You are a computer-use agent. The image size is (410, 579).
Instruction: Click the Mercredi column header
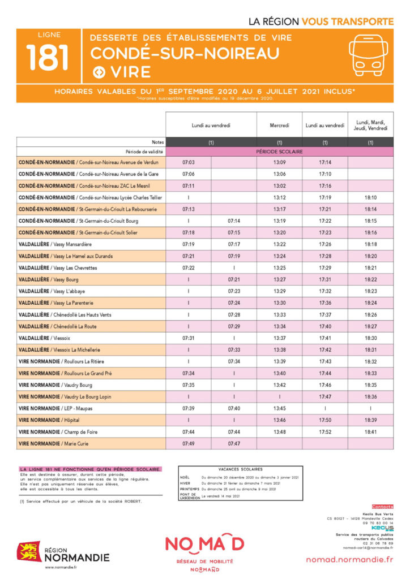click(x=279, y=125)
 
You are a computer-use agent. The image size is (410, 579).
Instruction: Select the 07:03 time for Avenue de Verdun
click(x=188, y=162)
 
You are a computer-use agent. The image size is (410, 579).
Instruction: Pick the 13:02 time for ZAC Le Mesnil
click(x=279, y=185)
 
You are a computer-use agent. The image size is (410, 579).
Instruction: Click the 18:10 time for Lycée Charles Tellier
click(x=370, y=197)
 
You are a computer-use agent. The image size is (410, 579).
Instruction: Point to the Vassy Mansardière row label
click(x=55, y=244)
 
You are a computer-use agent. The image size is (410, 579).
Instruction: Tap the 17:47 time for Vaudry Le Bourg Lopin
click(x=325, y=396)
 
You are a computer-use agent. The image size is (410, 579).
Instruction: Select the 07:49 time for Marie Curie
click(x=188, y=443)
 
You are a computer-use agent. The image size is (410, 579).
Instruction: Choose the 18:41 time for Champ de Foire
click(x=370, y=431)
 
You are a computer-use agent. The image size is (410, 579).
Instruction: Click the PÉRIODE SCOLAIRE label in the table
click(x=279, y=152)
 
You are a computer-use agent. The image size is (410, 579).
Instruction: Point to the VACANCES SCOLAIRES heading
click(x=240, y=469)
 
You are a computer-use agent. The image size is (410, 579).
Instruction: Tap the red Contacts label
click(x=382, y=507)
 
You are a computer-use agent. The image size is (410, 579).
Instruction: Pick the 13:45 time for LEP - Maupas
click(x=279, y=408)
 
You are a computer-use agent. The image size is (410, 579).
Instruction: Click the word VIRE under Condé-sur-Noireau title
click(x=130, y=72)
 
